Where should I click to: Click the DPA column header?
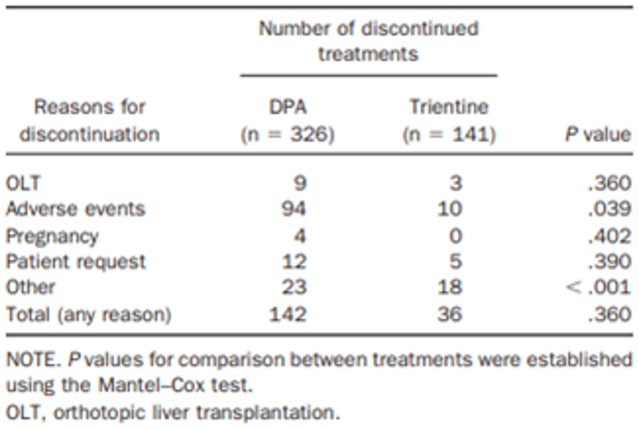pyautogui.click(x=287, y=107)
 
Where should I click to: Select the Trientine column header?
pyautogui.click(x=449, y=107)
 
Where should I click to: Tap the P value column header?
pyautogui.click(x=596, y=134)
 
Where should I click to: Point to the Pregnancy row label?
pyautogui.click(x=51, y=235)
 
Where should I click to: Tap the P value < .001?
pyautogui.click(x=599, y=287)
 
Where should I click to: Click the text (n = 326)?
pyautogui.click(x=287, y=134)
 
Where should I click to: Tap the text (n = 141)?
pyautogui.click(x=449, y=134)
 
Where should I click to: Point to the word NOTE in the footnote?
pyautogui.click(x=29, y=360)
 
